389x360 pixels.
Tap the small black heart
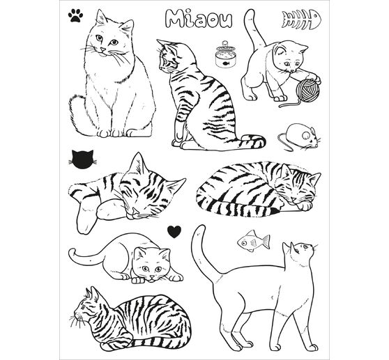pyautogui.click(x=174, y=229)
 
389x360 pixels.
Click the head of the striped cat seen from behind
pyautogui.click(x=167, y=57)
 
